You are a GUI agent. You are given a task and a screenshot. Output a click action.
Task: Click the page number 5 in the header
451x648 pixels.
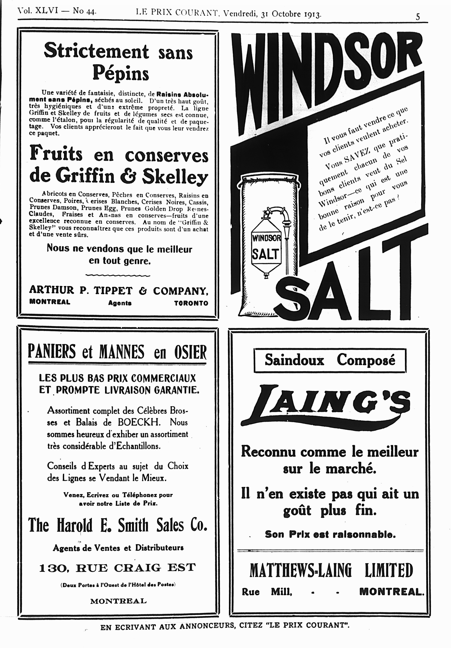[418, 17]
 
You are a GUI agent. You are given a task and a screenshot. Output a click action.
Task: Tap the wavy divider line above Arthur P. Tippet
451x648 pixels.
[118, 275]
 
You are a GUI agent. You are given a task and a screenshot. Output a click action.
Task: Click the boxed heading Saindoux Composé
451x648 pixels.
[330, 360]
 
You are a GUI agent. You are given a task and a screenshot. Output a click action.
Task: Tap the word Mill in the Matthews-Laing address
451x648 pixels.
[281, 592]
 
